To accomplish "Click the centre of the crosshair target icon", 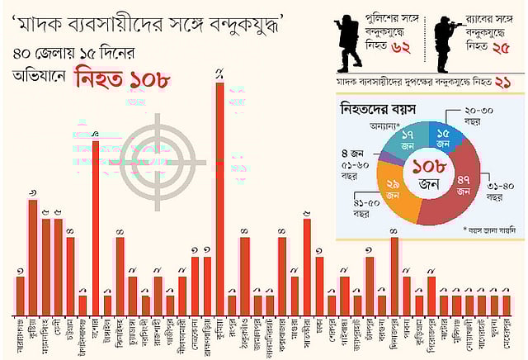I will (x=166, y=157).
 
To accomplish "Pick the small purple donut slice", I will (x=385, y=155).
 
